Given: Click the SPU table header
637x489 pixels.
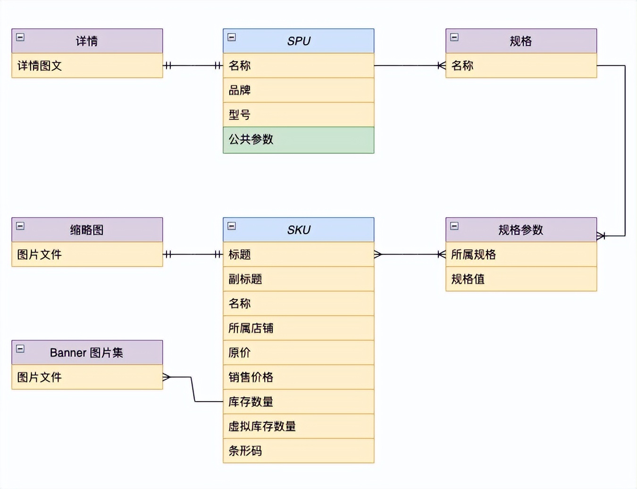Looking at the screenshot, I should coord(298,41).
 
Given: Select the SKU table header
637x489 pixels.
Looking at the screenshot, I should coord(298,230).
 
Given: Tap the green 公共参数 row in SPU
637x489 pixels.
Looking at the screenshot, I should coord(298,140).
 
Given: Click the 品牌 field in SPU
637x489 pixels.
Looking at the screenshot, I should coord(298,90).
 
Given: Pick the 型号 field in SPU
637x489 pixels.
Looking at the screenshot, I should coord(298,115).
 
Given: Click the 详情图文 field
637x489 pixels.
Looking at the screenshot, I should coord(87,66).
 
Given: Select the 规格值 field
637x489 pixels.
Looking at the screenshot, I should coord(521,279).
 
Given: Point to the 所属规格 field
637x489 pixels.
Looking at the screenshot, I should coord(521,254).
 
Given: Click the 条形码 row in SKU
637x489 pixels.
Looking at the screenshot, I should coord(298,451).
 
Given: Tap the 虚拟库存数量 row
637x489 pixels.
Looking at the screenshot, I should coord(298,426).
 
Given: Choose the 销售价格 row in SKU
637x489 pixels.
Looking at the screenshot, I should coord(298,377).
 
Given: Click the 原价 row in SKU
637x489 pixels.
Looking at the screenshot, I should coord(298,353).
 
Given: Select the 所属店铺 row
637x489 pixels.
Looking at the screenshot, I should coord(298,328).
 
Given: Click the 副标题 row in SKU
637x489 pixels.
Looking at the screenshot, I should coord(298,279).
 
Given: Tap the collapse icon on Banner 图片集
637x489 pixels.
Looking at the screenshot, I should coord(20,349).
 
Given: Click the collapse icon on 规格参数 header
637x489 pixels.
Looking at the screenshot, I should coord(454,226).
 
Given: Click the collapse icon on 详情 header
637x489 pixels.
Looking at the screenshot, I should coord(20,37).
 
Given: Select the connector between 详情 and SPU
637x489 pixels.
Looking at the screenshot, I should coord(193,66).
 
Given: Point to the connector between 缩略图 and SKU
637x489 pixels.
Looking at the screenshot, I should coord(193,254).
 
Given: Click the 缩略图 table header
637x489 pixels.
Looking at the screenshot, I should coord(87,230).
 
